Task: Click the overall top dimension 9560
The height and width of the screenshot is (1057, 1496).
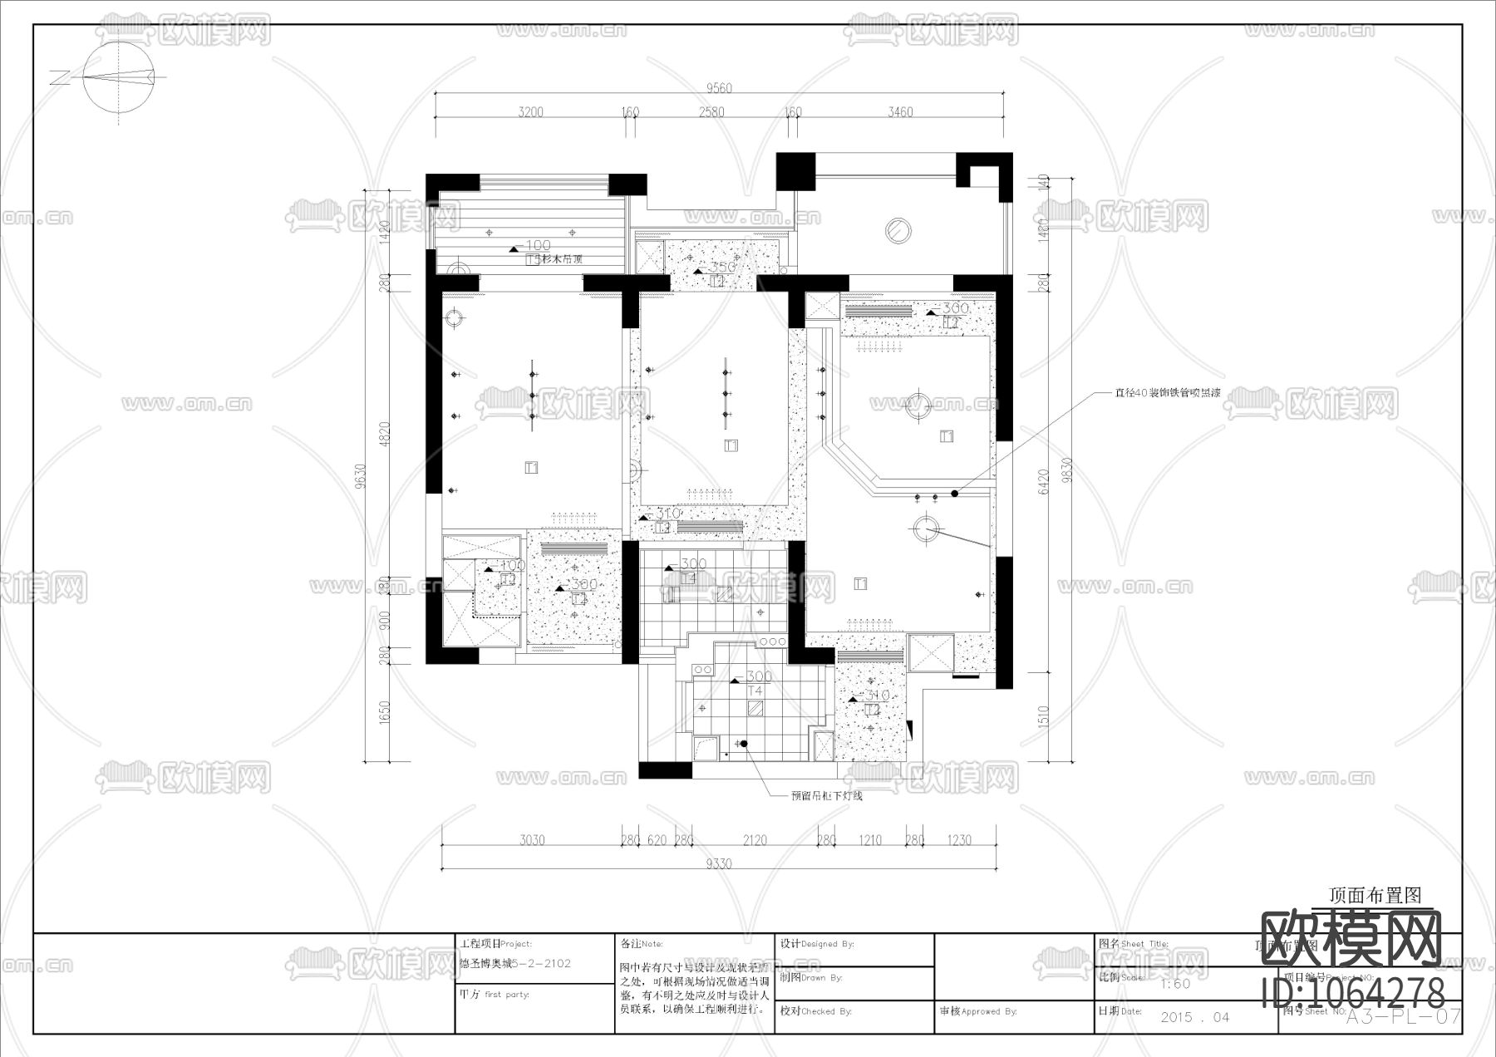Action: (x=718, y=88)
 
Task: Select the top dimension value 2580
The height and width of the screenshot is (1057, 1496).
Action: (x=711, y=112)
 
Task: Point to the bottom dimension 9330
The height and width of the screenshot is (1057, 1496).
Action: (x=718, y=863)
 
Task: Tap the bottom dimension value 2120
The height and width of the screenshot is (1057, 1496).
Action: (x=755, y=840)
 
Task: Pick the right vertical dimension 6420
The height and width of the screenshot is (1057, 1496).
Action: (x=1044, y=481)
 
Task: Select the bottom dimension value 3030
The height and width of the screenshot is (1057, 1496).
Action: (x=532, y=840)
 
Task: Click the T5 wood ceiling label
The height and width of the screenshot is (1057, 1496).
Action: (x=554, y=259)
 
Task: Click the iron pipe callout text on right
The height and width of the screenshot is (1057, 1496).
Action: (x=1167, y=394)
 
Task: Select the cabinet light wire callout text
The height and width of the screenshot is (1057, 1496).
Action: (x=826, y=796)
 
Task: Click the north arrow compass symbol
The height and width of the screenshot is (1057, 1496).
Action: (x=121, y=77)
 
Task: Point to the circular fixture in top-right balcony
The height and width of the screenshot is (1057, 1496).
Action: (x=898, y=229)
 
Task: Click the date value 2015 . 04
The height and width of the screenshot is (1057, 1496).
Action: (x=1194, y=1017)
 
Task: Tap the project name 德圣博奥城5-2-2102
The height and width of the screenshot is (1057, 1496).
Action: (x=515, y=964)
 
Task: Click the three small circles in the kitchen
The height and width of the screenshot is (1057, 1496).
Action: (x=773, y=642)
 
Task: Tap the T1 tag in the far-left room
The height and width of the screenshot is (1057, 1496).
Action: (x=532, y=468)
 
